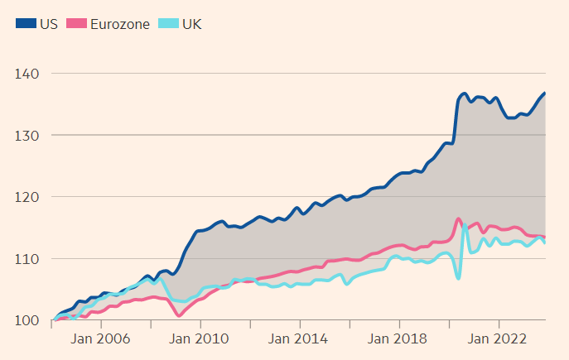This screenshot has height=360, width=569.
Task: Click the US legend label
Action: tap(49, 23)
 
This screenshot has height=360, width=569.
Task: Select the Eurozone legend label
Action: tap(120, 23)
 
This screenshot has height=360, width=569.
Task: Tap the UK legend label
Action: tap(191, 23)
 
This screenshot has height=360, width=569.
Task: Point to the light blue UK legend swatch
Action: tap(168, 23)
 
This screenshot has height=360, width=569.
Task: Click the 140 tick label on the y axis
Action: tap(26, 74)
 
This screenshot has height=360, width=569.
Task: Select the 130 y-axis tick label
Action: tap(26, 135)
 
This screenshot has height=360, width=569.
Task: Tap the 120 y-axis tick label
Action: tap(26, 197)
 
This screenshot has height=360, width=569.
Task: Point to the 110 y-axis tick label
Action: tap(26, 259)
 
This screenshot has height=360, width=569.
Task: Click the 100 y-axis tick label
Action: tap(26, 320)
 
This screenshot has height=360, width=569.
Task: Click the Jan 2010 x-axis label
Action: tap(200, 338)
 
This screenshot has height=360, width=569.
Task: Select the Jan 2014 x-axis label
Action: tap(299, 338)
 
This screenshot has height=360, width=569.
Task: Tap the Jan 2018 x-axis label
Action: tap(398, 338)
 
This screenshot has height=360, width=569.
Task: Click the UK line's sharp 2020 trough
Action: tap(458, 278)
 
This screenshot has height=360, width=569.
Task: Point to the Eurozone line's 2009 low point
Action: tap(180, 315)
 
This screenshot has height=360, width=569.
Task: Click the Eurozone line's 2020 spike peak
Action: tap(459, 219)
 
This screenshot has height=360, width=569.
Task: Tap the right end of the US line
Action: tap(544, 93)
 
